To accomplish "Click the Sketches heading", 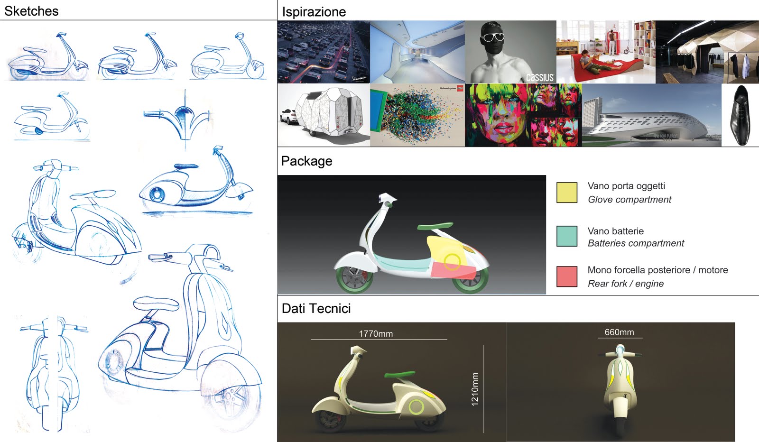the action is (x=31, y=11).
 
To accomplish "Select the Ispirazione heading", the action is (x=314, y=12).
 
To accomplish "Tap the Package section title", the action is (x=306, y=161).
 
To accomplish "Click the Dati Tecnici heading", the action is (x=316, y=309).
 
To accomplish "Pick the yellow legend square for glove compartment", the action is (x=566, y=193).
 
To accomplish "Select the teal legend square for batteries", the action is (x=566, y=236).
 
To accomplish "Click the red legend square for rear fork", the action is (x=566, y=276).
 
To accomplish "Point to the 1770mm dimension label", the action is (x=376, y=334).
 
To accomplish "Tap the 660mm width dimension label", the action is (x=619, y=332).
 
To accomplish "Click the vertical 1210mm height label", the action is (x=475, y=389).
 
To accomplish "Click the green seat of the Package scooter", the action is (x=435, y=226).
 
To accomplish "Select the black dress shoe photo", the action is (x=740, y=115).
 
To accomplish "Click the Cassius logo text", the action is (x=539, y=77).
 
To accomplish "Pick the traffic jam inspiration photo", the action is (x=323, y=52).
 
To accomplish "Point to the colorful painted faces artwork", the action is (x=523, y=115).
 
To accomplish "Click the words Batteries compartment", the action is (x=636, y=243).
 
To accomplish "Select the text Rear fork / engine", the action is (x=625, y=284).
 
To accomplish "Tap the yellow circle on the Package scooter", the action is (x=452, y=261).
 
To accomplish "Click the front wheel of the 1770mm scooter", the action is (x=331, y=419).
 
